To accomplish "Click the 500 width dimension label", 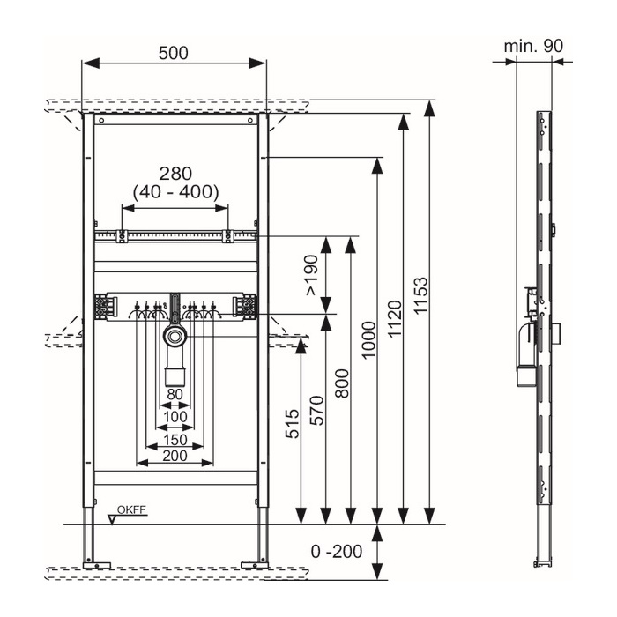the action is pos(174,53).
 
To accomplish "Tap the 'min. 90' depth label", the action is pos(533,46).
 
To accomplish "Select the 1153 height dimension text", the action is pos(420,295).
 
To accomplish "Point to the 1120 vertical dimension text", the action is pos(395,318).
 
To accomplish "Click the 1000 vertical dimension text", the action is pos(368,340).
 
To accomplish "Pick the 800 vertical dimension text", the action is pos(343,383).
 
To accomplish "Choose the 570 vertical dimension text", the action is pos(317,411).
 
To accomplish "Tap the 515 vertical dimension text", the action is pos(293,424).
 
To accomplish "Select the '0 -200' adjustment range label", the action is pos(337,552).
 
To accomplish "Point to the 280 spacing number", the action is pos(175,174).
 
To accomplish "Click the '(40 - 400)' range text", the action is pos(175,192).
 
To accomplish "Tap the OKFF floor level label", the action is pos(131,510).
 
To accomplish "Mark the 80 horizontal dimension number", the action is pos(175,394).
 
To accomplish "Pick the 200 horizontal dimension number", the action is pos(175,456).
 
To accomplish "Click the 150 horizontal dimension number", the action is pos(175,440).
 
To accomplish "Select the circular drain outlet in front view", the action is pos(175,336).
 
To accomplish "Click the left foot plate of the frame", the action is pos(97,565).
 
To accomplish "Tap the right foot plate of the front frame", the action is pos(255,565).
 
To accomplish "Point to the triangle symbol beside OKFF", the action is pos(113,520).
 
